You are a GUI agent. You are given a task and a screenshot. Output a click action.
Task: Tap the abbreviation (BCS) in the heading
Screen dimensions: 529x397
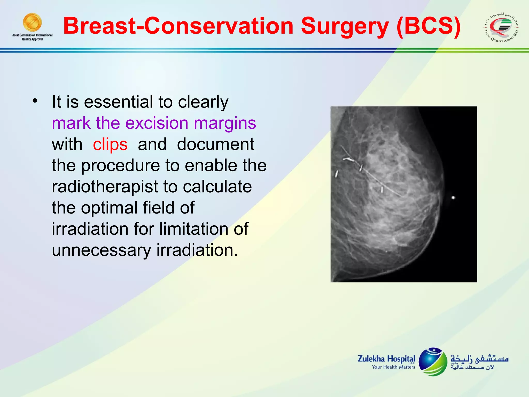click(429, 26)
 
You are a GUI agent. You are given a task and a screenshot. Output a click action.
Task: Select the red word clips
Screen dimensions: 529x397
click(110, 144)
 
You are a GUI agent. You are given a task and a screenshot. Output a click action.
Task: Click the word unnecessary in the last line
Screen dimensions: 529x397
click(102, 250)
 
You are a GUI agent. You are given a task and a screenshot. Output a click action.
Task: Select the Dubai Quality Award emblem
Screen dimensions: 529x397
click(501, 27)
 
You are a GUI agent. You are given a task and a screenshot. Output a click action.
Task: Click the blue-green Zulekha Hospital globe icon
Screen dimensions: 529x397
click(433, 362)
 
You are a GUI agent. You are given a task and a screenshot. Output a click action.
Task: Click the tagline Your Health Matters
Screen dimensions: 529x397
click(393, 367)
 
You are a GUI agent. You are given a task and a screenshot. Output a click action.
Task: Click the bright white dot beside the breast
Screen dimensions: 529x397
click(453, 198)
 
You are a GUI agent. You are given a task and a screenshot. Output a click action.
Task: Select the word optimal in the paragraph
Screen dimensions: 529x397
click(109, 208)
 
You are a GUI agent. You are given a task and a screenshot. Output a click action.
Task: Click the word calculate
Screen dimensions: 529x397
click(217, 187)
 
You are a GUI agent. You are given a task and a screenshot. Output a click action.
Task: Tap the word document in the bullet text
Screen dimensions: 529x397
click(216, 144)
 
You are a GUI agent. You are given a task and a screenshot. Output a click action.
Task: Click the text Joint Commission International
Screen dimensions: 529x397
click(32, 35)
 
